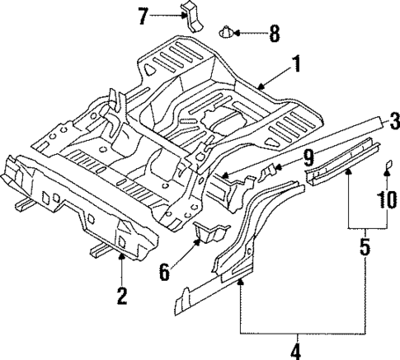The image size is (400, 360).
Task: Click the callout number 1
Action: pos(295,64)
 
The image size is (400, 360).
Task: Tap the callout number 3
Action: pos(394,119)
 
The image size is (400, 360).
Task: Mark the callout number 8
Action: pos(274,35)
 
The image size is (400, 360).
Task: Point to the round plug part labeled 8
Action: pos(228,34)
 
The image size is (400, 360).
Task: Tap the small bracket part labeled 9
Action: pos(269,175)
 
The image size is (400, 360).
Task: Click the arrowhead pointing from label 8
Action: pos(238,34)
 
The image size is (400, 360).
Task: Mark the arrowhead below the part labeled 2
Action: pos(122,257)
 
